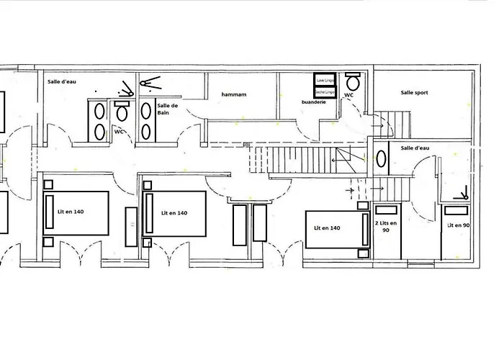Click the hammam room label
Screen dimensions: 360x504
pos(234,94)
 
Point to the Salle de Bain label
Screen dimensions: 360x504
pos(167,109)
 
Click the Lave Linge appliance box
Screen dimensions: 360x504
pos(324,79)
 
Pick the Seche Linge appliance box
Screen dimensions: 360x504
pos(324,92)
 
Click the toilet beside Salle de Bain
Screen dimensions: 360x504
pos(122,112)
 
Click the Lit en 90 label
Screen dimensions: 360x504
pos(458,225)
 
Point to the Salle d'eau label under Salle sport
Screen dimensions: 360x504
pos(415,148)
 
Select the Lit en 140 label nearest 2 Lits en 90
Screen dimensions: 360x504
pos(327,228)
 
